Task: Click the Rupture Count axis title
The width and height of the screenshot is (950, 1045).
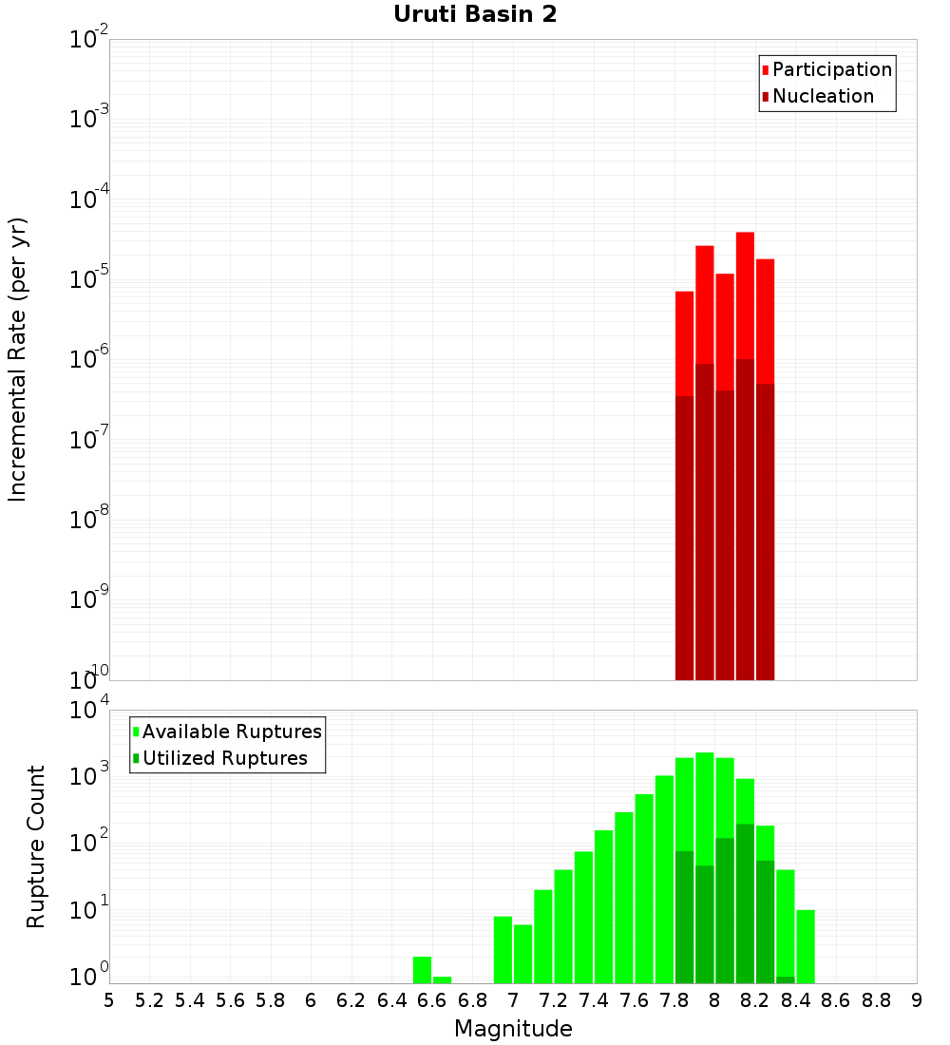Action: [x=36, y=845]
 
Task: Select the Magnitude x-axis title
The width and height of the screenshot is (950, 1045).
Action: [x=513, y=1029]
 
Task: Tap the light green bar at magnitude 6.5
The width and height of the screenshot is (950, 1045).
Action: [x=422, y=969]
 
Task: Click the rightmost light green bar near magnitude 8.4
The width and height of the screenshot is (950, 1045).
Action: [x=806, y=945]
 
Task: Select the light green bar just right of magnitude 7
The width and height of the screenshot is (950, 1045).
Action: [x=522, y=953]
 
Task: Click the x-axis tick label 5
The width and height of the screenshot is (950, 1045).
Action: [x=109, y=1000]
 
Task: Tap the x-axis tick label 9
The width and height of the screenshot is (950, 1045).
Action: [x=917, y=1000]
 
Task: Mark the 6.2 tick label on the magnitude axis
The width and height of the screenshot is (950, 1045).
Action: [x=351, y=1000]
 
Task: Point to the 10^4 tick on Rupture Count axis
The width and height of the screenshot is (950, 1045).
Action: [x=91, y=710]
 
